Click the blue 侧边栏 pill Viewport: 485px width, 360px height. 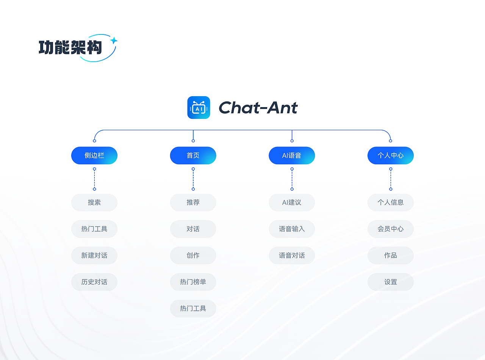[x=94, y=156]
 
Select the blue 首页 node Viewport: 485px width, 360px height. [x=193, y=156]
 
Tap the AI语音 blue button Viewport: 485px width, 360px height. [x=292, y=156]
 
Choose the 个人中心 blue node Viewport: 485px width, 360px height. [x=390, y=156]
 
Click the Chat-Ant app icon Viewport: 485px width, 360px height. [x=199, y=108]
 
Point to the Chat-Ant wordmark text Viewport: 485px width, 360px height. [x=258, y=108]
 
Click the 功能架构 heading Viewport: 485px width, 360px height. [x=70, y=47]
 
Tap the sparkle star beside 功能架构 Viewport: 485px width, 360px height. [x=113, y=40]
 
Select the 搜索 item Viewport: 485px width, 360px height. [x=94, y=203]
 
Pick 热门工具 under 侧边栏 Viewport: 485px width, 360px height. [x=94, y=229]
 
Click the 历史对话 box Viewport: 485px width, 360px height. [x=94, y=282]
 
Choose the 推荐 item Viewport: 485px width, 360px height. [x=193, y=203]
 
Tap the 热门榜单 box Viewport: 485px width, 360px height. [x=193, y=282]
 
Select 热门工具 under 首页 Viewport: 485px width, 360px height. [x=193, y=309]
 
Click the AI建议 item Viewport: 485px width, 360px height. [x=292, y=203]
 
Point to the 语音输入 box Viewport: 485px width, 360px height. [x=292, y=229]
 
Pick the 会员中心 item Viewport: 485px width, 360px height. [x=390, y=229]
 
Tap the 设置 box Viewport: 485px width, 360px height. [x=390, y=282]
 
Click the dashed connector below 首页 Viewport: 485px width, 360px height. [x=193, y=179]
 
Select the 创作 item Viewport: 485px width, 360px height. [x=193, y=256]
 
